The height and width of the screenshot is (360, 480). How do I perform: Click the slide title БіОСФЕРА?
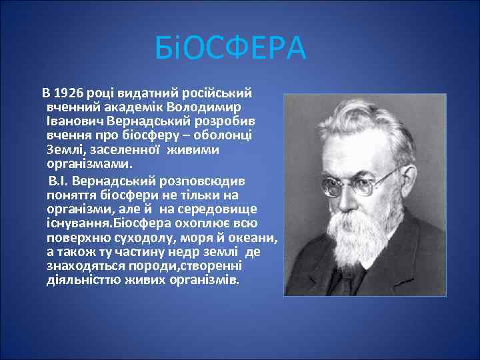230,49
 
